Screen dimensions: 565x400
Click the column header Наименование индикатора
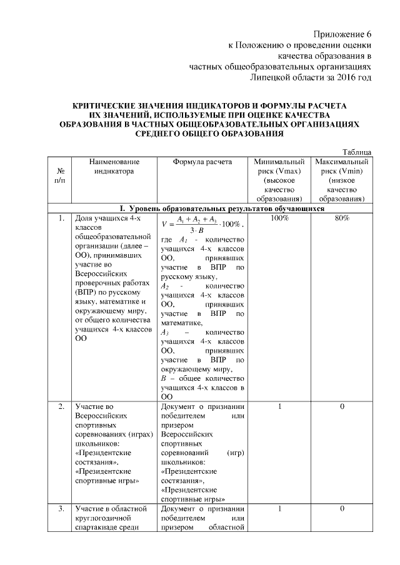coord(114,166)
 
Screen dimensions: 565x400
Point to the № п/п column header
coord(61,175)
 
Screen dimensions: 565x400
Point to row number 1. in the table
coord(61,219)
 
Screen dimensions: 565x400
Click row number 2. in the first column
coord(61,407)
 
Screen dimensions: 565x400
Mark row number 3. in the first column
coord(61,509)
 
